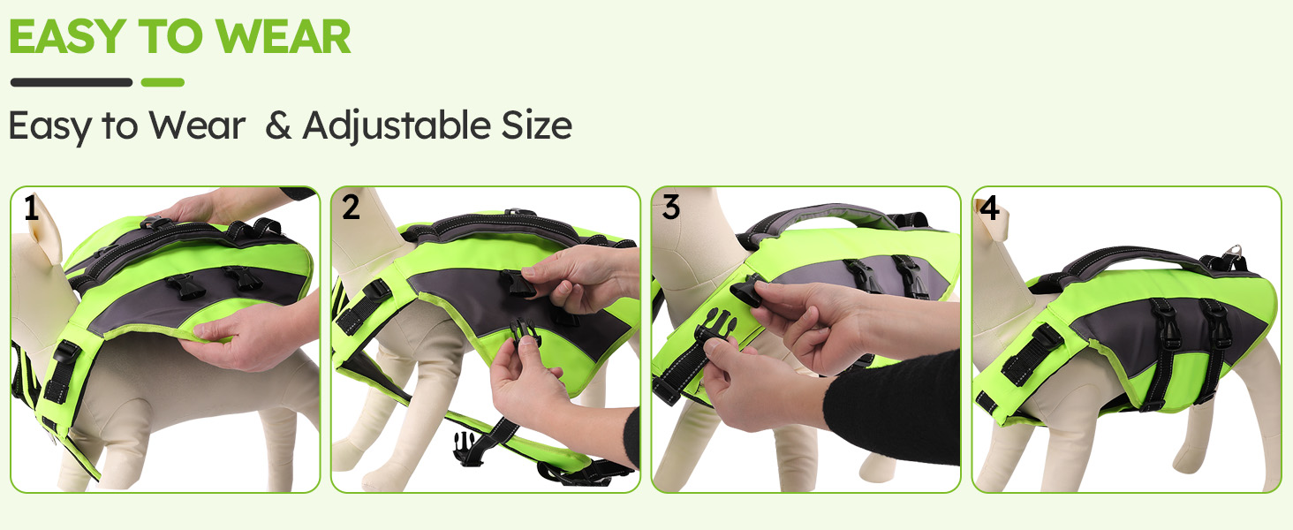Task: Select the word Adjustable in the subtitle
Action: [x=397, y=126]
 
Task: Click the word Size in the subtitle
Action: [x=537, y=125]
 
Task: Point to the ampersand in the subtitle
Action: [x=278, y=125]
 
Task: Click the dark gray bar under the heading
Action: [x=72, y=82]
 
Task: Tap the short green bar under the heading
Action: [x=163, y=82]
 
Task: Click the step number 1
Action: [x=31, y=208]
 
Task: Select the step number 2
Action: [x=351, y=208]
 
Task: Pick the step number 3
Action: [x=670, y=208]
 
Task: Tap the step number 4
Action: [x=990, y=208]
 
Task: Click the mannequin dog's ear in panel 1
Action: [x=45, y=231]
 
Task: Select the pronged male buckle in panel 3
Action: [x=715, y=327]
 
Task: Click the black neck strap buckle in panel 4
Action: [x=1032, y=353]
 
